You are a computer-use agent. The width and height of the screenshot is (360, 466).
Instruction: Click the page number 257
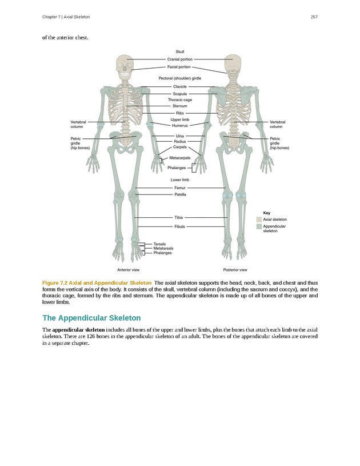pyautogui.click(x=314, y=17)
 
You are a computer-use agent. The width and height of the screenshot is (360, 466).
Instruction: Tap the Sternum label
pyautogui.click(x=180, y=106)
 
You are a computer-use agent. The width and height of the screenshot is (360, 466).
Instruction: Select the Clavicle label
pyautogui.click(x=180, y=86)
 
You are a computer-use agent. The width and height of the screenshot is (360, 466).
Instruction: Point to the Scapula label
pyautogui.click(x=180, y=93)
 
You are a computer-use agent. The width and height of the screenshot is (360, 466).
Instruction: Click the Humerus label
pyautogui.click(x=180, y=125)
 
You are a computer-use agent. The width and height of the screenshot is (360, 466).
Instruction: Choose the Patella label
pyautogui.click(x=180, y=194)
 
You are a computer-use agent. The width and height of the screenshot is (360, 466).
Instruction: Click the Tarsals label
pyautogui.click(x=160, y=244)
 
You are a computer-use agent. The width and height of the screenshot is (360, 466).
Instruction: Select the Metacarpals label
pyautogui.click(x=180, y=158)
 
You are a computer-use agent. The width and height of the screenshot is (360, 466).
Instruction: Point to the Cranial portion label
pyautogui.click(x=180, y=59)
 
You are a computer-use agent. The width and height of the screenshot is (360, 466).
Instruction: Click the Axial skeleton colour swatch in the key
pyautogui.click(x=259, y=219)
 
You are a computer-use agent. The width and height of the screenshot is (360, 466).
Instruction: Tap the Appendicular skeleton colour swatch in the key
pyautogui.click(x=259, y=226)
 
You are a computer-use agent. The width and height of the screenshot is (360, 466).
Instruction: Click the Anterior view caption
pyautogui.click(x=129, y=269)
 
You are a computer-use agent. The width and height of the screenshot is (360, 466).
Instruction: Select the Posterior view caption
pyautogui.click(x=235, y=269)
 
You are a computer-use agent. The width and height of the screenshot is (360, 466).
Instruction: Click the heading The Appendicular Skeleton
pyautogui.click(x=91, y=318)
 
